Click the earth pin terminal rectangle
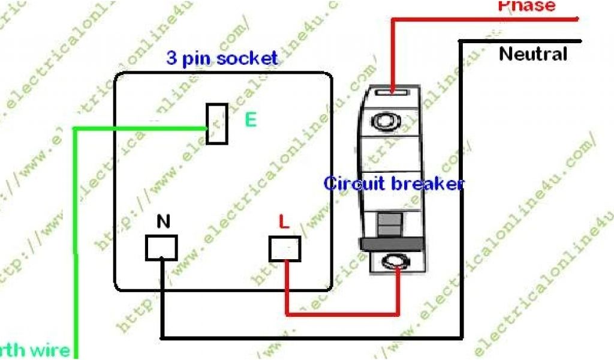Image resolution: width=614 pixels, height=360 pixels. [216, 124]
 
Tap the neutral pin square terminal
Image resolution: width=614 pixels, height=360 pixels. [161, 248]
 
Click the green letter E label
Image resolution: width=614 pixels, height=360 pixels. [250, 120]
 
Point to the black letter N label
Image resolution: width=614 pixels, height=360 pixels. [163, 222]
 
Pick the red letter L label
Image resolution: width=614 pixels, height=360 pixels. [284, 222]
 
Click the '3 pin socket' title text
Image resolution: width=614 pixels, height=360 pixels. [222, 58]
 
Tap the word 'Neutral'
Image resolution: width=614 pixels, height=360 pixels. [533, 55]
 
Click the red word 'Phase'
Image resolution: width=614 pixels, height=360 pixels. [526, 6]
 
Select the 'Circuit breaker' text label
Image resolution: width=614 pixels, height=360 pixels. [393, 183]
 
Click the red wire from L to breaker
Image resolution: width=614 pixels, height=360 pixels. [342, 313]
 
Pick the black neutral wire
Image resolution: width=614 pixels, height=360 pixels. [312, 337]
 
